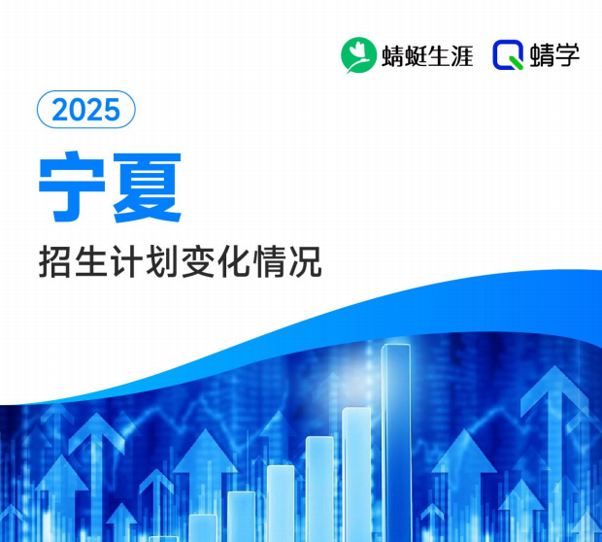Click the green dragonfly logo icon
pyautogui.click(x=357, y=54)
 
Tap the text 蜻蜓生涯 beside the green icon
pyautogui.click(x=426, y=55)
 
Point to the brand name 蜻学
pyautogui.click(x=555, y=55)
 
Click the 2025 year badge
pyautogui.click(x=85, y=110)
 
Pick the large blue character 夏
pyautogui.click(x=147, y=185)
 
